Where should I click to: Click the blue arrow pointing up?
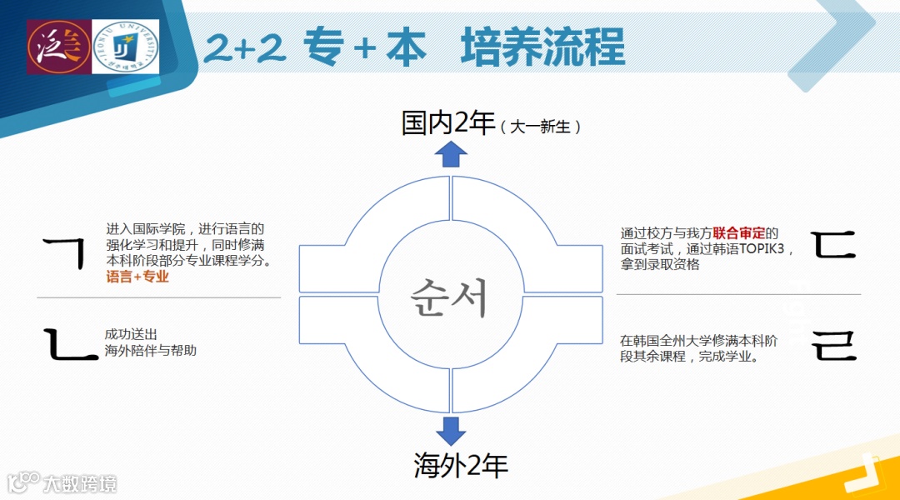(451, 154)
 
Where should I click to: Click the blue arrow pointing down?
(451, 431)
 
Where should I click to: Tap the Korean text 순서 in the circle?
(451, 296)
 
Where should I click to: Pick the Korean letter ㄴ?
(72, 344)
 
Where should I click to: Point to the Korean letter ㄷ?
(834, 243)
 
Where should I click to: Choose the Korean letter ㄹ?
(834, 346)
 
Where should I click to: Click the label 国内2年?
(448, 123)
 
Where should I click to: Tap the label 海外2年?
(461, 465)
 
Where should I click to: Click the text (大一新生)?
(541, 127)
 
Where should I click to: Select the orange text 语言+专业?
(137, 277)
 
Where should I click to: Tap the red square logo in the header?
(57, 47)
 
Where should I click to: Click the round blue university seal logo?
(126, 47)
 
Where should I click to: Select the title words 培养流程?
(542, 47)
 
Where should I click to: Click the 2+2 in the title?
(244, 47)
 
